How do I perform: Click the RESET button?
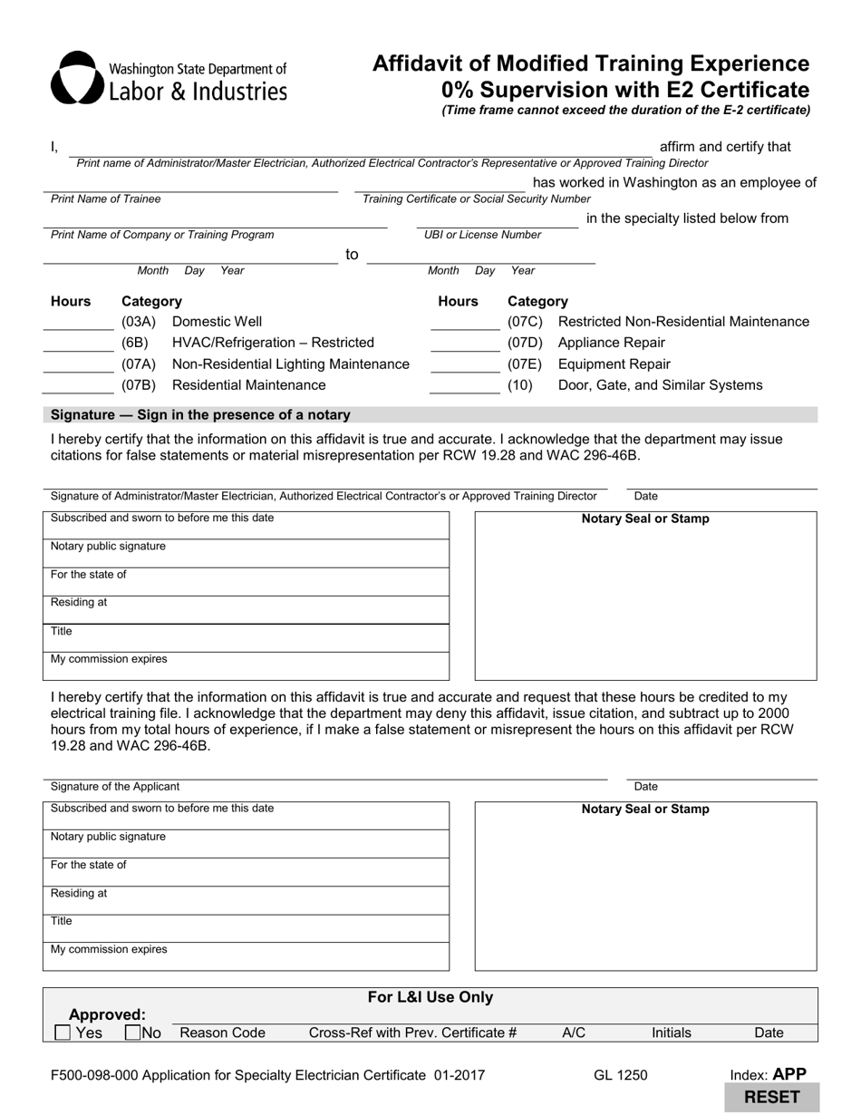772,1097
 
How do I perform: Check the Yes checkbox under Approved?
63,1033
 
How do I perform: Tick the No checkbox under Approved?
132,1033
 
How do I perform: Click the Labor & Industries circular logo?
75,78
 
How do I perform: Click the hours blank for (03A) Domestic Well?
78,323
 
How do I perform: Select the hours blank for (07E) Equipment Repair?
465,365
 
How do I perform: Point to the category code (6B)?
135,343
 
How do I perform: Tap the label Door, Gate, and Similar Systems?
660,385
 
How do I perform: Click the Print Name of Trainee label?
106,199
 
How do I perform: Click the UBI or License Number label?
482,235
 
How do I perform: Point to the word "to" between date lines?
352,255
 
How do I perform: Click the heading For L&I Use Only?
430,997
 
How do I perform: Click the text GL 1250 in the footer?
621,1076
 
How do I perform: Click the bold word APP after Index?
788,1074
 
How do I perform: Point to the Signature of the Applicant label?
115,786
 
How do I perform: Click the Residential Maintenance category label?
248,385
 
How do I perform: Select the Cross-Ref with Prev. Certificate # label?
412,1033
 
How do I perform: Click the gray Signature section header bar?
430,415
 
